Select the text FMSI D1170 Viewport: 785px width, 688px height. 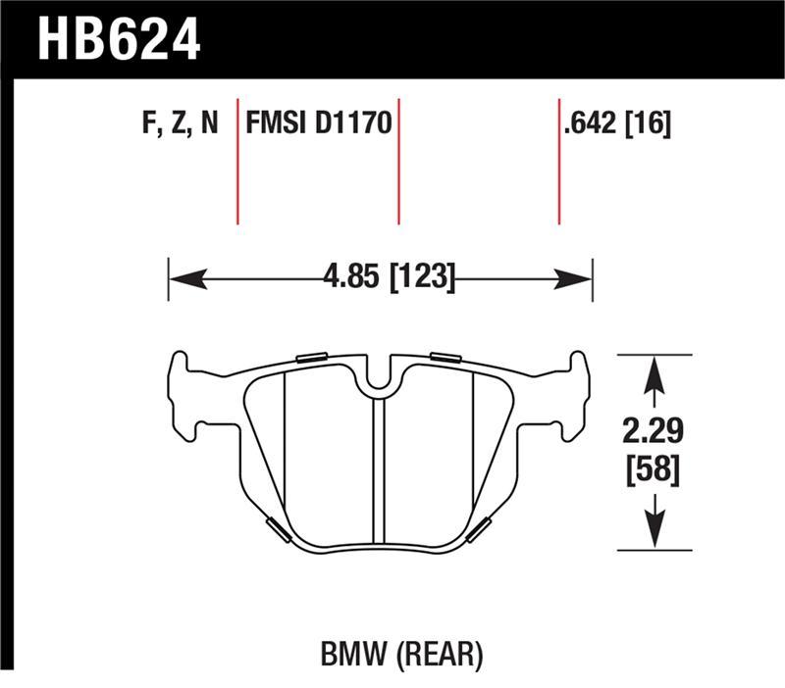pos(318,124)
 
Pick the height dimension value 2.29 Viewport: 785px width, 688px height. pos(653,431)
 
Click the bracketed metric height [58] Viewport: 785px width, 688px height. pos(653,470)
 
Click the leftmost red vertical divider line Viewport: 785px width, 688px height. pos(237,161)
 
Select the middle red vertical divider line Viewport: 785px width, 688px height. pos(398,161)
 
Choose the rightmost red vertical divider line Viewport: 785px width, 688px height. pos(559,161)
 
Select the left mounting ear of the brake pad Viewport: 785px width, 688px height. pos(183,397)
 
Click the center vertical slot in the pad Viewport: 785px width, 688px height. pos(380,470)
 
